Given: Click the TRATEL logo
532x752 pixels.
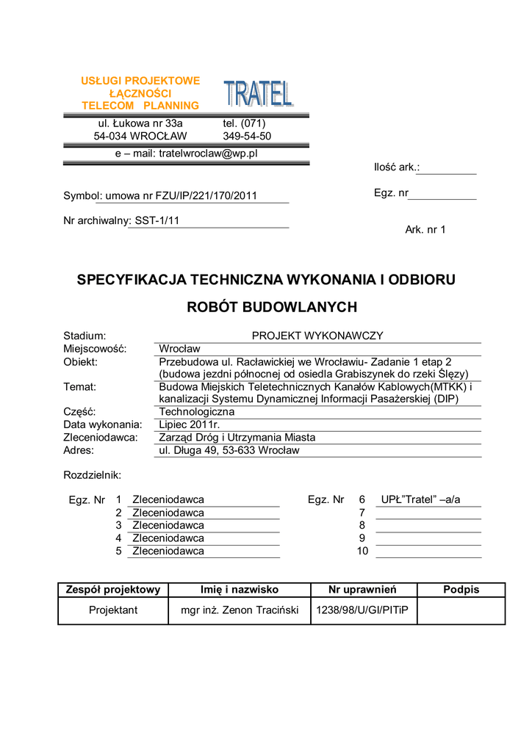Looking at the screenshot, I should click(x=258, y=93).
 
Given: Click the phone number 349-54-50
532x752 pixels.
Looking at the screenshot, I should click(x=247, y=137).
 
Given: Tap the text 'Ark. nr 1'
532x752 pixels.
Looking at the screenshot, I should click(x=425, y=230).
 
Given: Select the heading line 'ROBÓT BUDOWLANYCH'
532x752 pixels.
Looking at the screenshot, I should click(x=272, y=307).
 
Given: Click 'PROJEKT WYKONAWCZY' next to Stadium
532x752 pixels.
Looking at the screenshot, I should click(x=317, y=336).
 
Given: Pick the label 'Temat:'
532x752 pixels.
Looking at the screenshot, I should click(x=80, y=387).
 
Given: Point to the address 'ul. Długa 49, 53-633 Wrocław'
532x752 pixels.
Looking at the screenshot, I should click(x=229, y=450).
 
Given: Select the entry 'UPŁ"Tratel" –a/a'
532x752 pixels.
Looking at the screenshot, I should click(x=420, y=500).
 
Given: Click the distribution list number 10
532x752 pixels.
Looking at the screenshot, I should click(x=362, y=551).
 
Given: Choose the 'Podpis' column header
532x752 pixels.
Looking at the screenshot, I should click(x=461, y=590).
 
